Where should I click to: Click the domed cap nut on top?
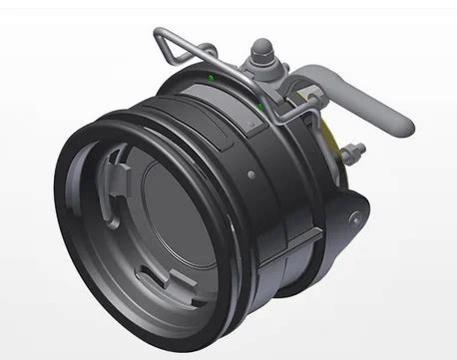point(260,46)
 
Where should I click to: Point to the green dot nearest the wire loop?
point(211,76)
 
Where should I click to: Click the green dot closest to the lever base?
point(260,103)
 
